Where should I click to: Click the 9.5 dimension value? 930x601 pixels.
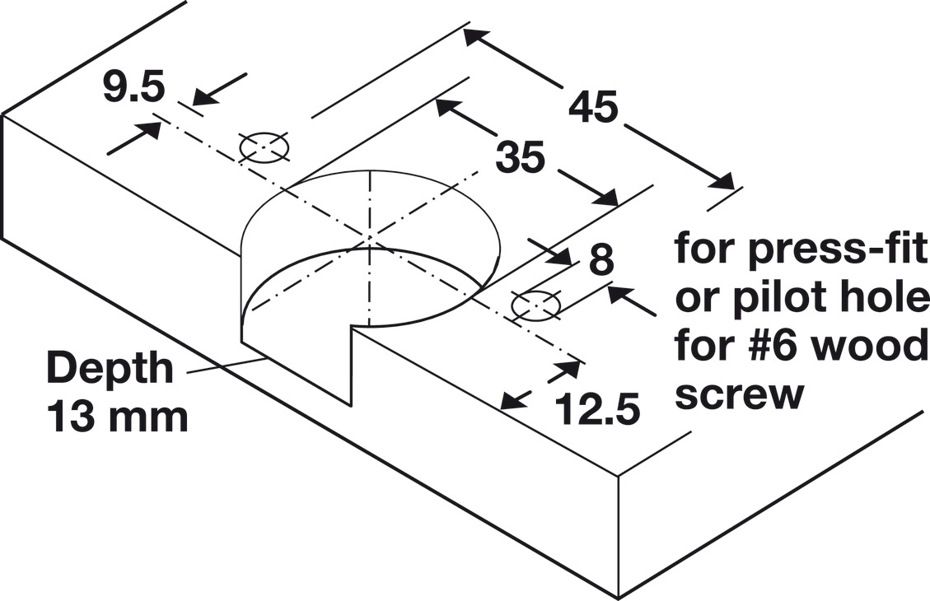click(133, 86)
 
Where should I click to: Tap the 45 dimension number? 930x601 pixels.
click(593, 107)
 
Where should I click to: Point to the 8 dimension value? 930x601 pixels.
click(601, 259)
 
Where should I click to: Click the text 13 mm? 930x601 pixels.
click(118, 416)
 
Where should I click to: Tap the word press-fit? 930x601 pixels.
click(835, 249)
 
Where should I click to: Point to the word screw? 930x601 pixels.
click(739, 394)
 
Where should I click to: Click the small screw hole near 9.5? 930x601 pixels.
click(264, 147)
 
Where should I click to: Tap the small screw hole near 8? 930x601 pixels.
click(536, 306)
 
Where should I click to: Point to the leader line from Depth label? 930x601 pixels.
click(226, 365)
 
